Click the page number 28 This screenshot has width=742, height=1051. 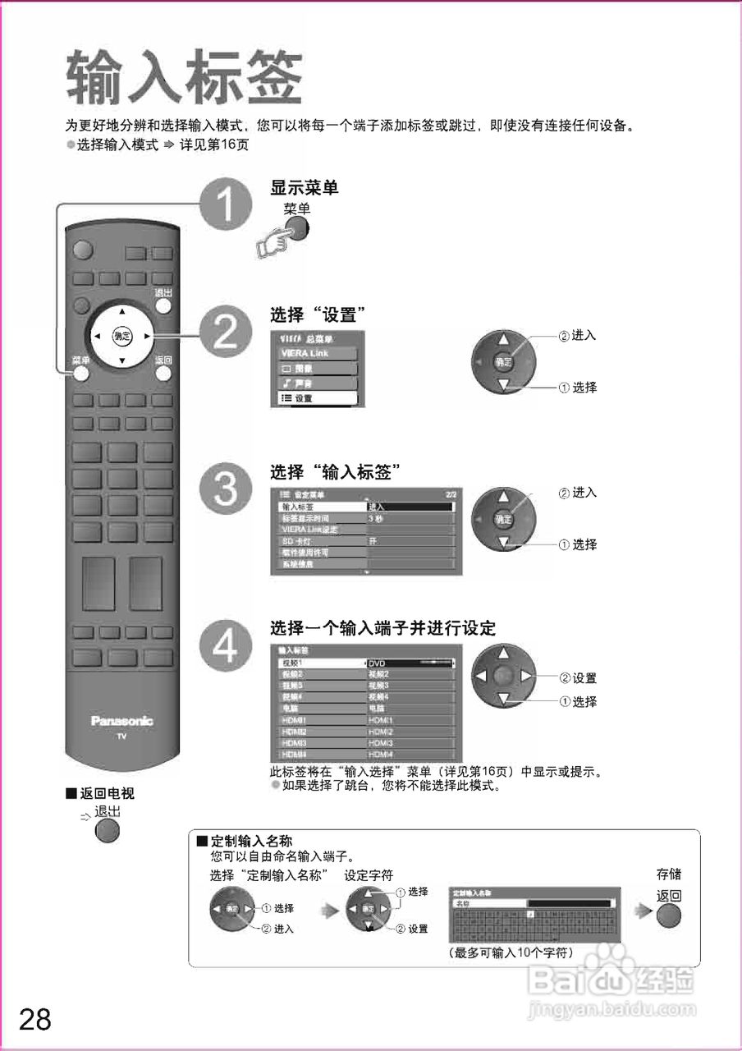click(x=35, y=1019)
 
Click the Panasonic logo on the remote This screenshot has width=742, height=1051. click(x=121, y=721)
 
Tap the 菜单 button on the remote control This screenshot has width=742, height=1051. click(x=80, y=372)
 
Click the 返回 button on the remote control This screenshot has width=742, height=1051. click(x=163, y=372)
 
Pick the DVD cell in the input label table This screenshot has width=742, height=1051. click(x=410, y=663)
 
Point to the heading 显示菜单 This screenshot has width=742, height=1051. click(x=305, y=188)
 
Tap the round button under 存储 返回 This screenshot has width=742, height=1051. click(x=669, y=914)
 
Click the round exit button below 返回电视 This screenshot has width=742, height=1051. click(x=108, y=830)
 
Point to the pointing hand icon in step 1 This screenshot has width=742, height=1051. click(x=273, y=243)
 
